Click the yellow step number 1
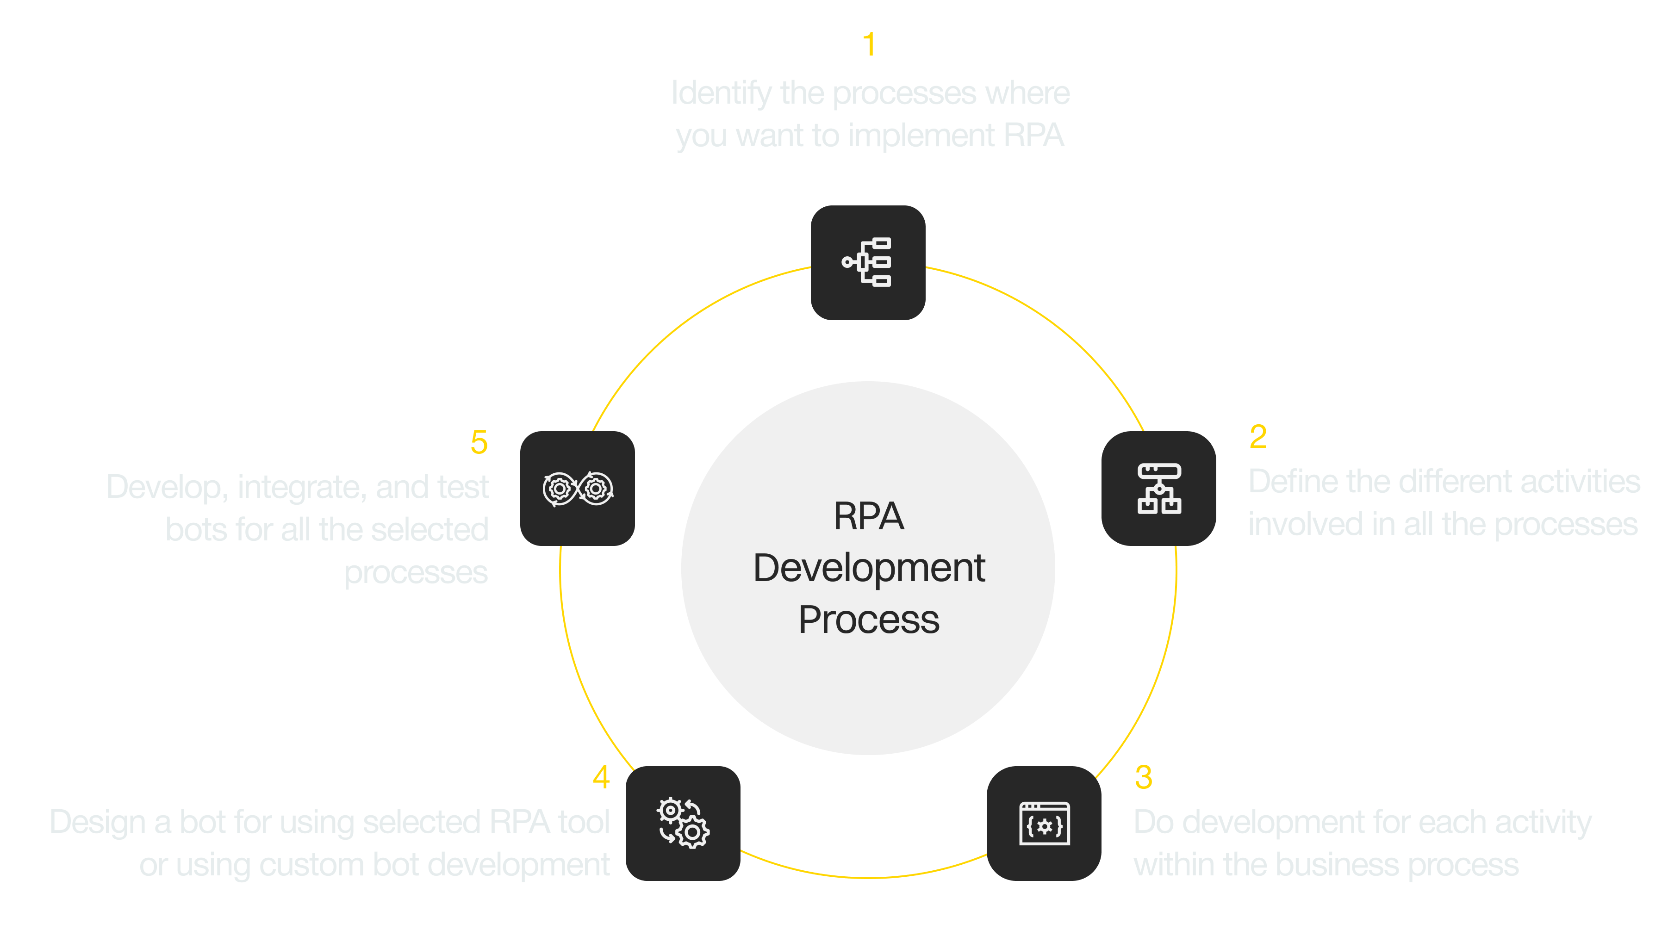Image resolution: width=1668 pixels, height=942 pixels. (x=869, y=45)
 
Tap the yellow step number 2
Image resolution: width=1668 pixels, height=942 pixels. (x=1257, y=437)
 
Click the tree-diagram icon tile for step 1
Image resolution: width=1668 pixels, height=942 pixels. (x=868, y=263)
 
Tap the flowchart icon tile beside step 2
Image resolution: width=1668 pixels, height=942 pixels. (x=1158, y=489)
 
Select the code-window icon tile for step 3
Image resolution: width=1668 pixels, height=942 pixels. (x=1044, y=824)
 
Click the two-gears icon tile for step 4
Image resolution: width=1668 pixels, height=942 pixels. (x=683, y=824)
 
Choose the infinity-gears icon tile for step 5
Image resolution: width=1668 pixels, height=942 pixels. (x=578, y=489)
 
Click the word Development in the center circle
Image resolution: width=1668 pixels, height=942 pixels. (x=869, y=569)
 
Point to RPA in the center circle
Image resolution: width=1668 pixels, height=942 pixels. (x=869, y=517)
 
